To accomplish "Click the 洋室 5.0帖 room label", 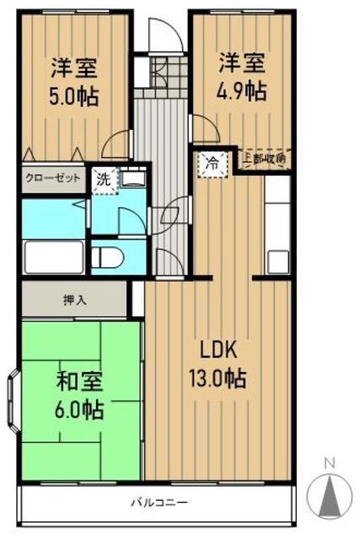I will (74, 81).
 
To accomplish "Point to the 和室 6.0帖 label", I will (79, 397).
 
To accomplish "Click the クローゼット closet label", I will (52, 179).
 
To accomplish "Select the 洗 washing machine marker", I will (102, 180).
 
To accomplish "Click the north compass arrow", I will (330, 493).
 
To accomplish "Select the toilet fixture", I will (111, 256).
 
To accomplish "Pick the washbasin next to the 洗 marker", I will (132, 180).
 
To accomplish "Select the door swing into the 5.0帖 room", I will (116, 144).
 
